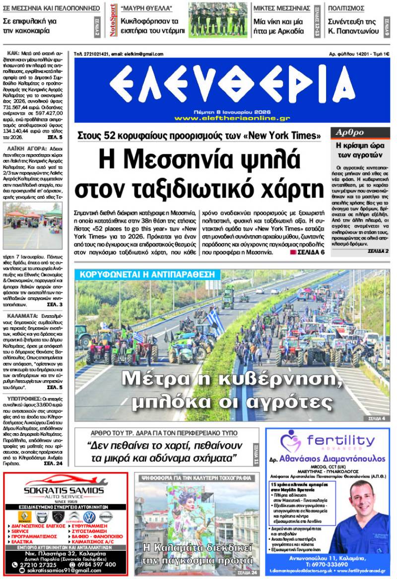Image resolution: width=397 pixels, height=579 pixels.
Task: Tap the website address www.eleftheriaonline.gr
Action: pos(232,118)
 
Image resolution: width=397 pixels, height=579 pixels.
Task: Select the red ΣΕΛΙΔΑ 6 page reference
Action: pos(307,252)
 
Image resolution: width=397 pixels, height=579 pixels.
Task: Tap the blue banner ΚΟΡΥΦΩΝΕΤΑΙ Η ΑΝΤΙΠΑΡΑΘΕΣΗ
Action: pos(147,274)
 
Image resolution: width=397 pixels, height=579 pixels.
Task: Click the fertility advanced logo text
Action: pos(340,440)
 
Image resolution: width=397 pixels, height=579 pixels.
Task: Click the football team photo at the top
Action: pos(218,20)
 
